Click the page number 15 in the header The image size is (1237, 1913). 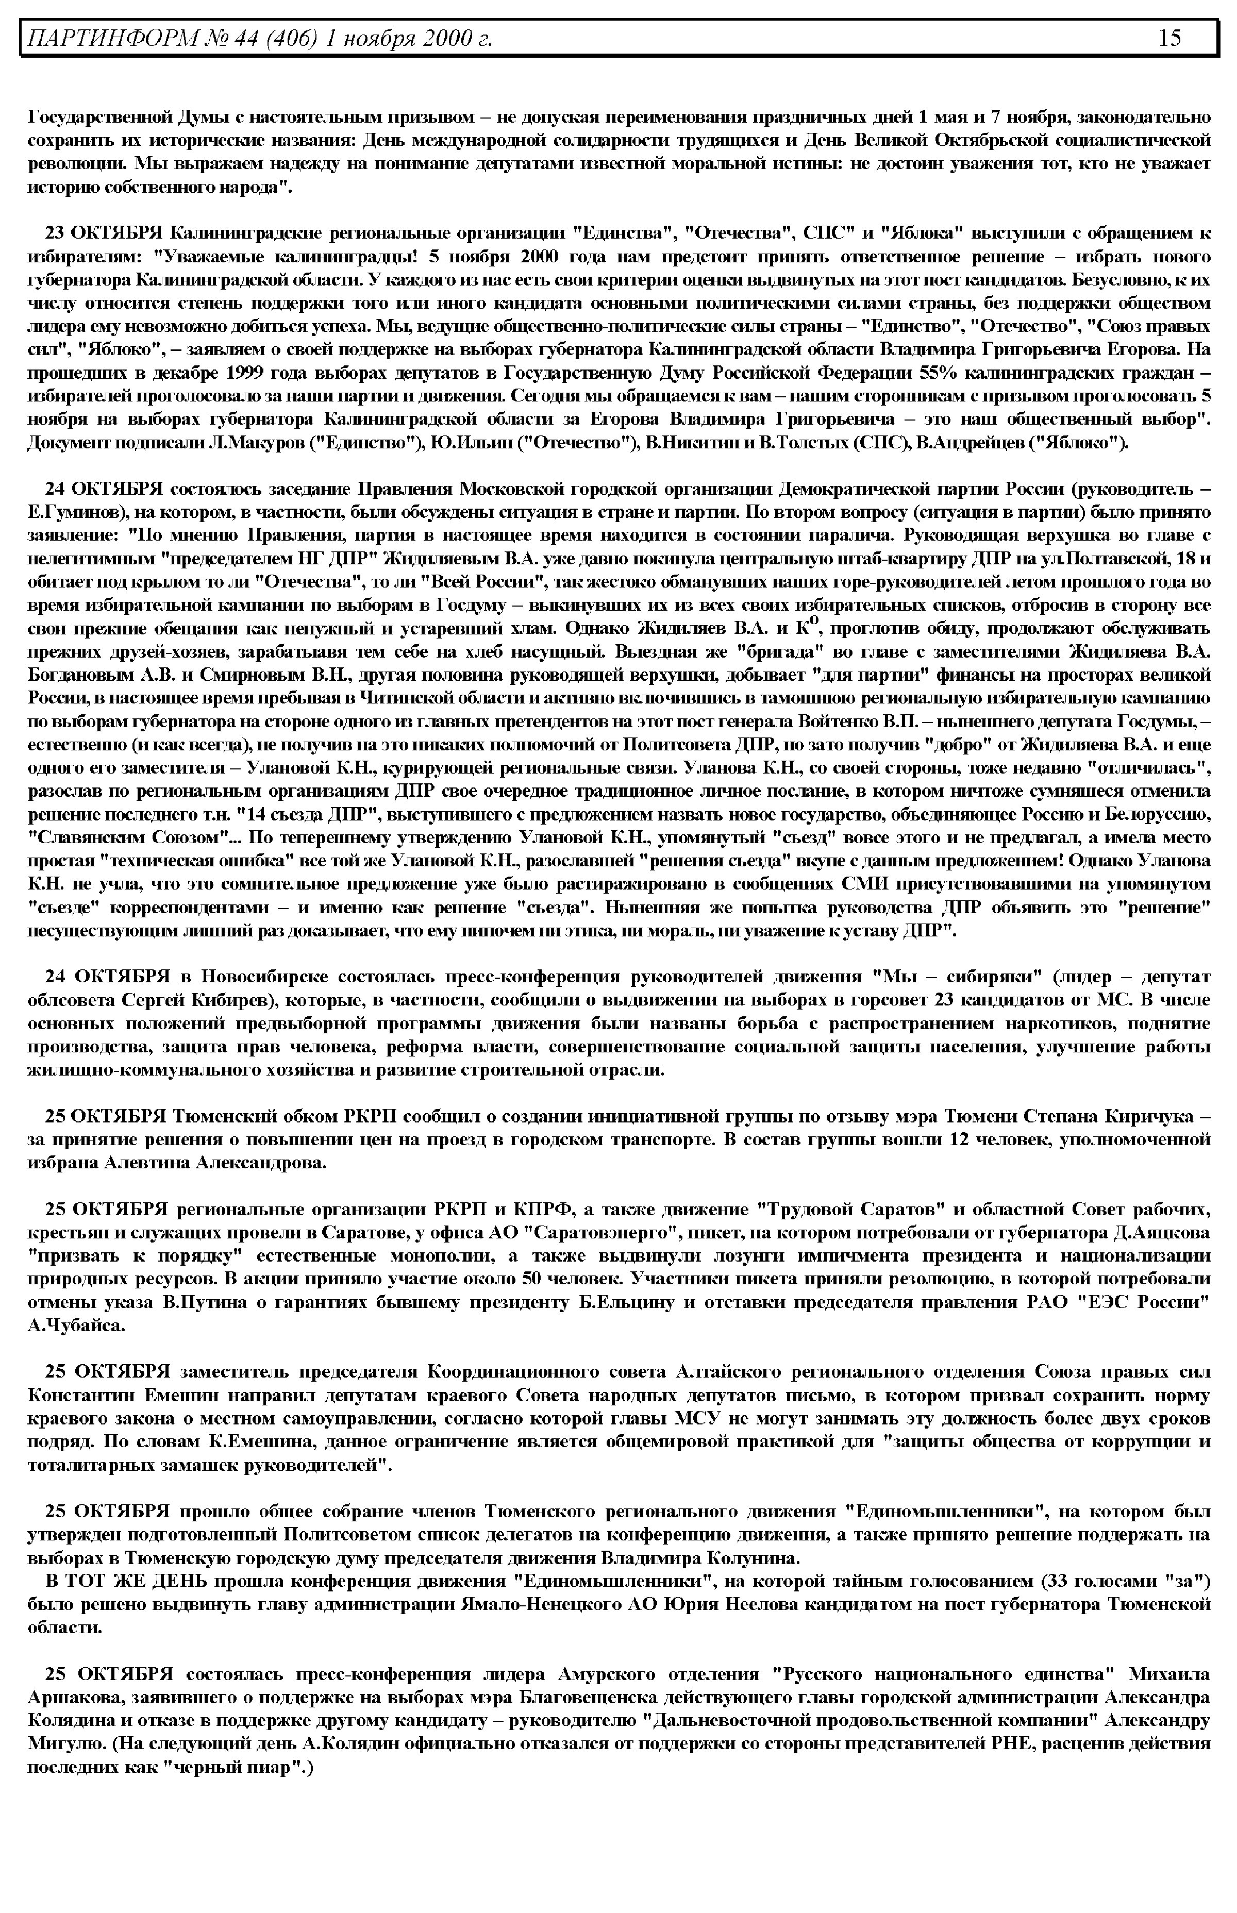[x=1169, y=38]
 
